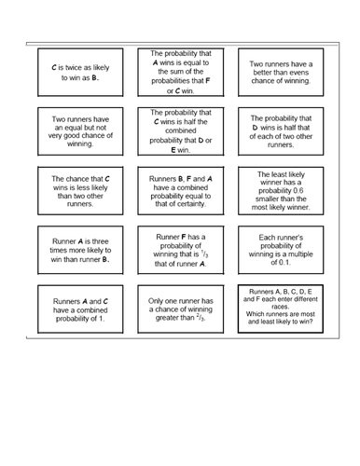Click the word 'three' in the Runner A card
[94, 240]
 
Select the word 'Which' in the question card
[257, 312]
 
